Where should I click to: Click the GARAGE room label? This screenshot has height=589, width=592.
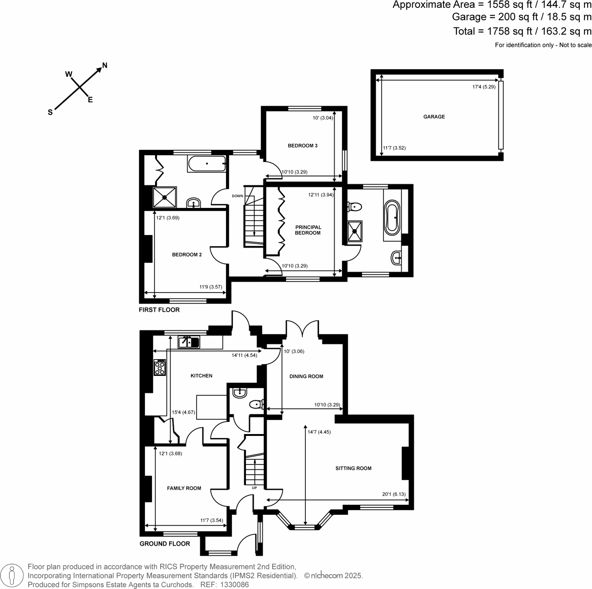click(x=434, y=117)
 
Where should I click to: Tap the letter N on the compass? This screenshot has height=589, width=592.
click(x=105, y=66)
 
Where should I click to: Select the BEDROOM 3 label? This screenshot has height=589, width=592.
click(x=302, y=146)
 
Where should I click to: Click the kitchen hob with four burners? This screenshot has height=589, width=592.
click(x=160, y=367)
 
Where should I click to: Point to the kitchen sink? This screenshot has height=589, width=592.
click(x=189, y=342)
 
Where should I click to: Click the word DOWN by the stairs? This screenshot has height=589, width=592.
click(x=237, y=196)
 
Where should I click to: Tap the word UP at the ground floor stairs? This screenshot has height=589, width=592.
click(x=254, y=488)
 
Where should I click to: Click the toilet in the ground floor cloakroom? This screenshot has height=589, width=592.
click(x=256, y=404)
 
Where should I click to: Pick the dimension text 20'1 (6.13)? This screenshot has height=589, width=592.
click(x=394, y=494)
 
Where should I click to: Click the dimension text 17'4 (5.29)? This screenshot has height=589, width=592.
click(x=484, y=87)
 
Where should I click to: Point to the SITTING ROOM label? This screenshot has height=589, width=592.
click(x=353, y=468)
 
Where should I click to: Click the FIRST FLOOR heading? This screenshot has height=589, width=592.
click(x=159, y=310)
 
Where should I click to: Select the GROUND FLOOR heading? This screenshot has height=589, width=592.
click(x=165, y=544)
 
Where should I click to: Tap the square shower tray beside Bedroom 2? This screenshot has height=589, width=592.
click(x=165, y=197)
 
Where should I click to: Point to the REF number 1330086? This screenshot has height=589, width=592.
click(x=235, y=585)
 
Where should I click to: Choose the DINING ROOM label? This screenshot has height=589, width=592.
click(x=306, y=376)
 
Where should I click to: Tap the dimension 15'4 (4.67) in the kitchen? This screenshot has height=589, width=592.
click(x=183, y=412)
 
